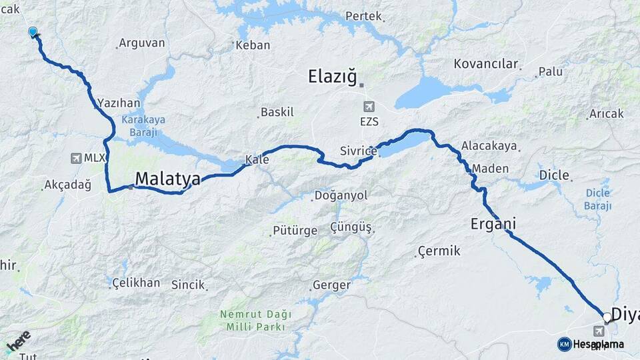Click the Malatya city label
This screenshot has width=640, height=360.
[167, 179]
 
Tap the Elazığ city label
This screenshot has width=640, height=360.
[333, 77]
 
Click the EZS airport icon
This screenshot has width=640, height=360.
[369, 107]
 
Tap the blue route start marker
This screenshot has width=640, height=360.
[33, 31]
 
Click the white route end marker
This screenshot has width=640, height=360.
[607, 317]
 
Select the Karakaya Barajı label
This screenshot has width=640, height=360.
[144, 126]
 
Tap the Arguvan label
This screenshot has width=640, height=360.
[141, 43]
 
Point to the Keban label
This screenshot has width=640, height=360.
[255, 45]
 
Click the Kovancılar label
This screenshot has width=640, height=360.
[486, 64]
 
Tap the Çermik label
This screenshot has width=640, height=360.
[439, 251]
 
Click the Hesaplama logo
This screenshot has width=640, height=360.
[591, 344]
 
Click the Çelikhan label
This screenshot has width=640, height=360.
[136, 283]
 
